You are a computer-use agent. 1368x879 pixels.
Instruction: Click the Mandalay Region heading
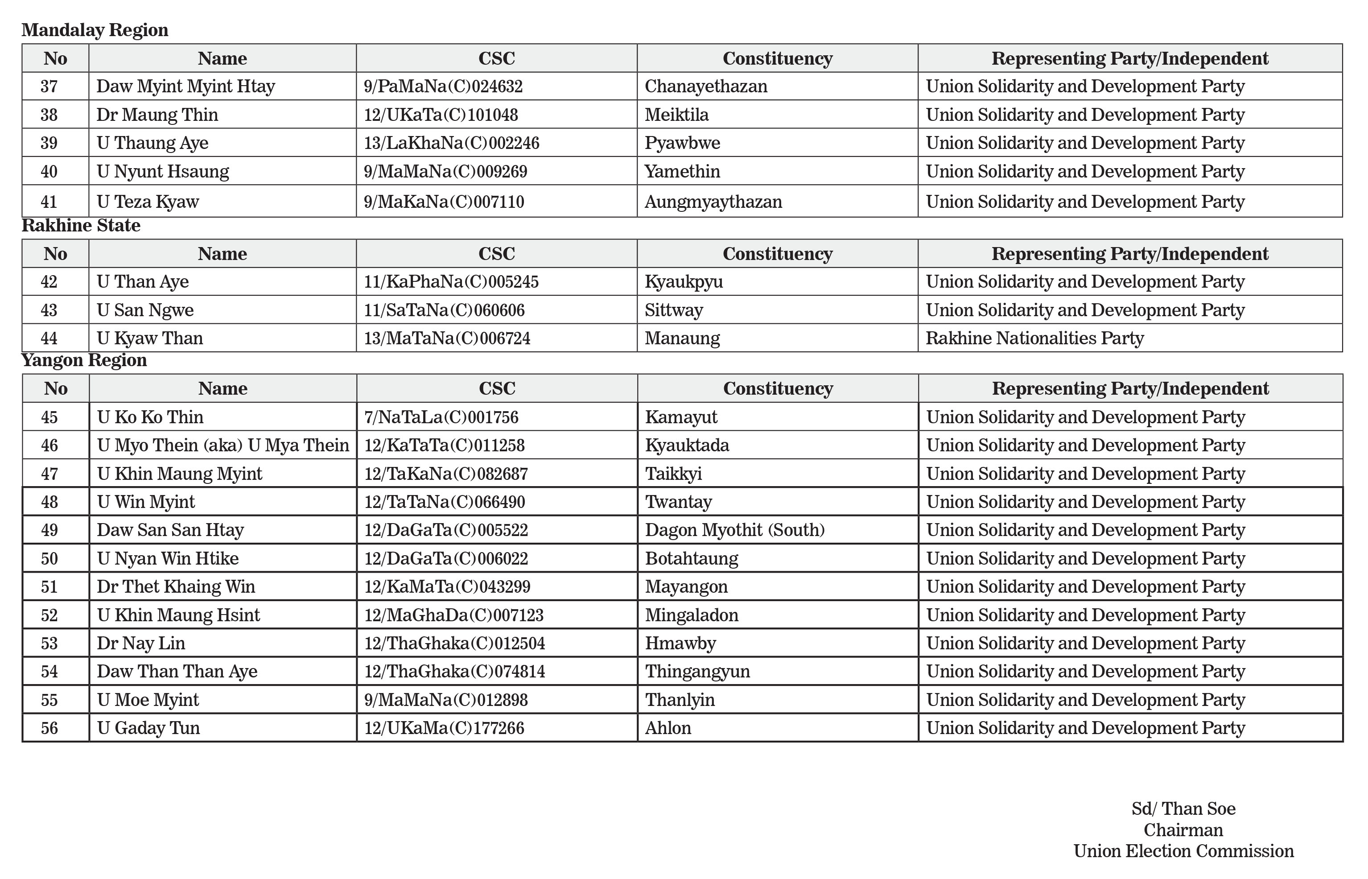[x=95, y=30]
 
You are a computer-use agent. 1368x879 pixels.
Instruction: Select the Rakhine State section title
[x=81, y=226]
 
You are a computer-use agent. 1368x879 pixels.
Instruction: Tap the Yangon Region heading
[x=84, y=360]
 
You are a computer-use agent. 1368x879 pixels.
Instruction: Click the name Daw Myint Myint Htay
[x=185, y=86]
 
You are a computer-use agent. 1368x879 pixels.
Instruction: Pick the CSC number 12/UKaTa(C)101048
[x=441, y=115]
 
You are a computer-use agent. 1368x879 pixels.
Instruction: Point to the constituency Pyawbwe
[x=682, y=143]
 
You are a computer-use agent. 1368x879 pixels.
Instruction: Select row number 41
[x=49, y=202]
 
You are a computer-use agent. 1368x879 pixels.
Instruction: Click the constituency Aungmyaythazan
[x=713, y=202]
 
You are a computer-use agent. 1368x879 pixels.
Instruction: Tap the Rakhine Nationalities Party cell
[x=1034, y=338]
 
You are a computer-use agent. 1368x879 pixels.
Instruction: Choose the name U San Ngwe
[x=145, y=310]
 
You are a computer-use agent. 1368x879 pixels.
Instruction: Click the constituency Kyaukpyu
[x=683, y=281]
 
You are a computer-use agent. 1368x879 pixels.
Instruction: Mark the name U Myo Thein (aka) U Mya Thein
[x=223, y=445]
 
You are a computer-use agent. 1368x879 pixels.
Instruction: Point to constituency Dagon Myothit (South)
[x=734, y=530]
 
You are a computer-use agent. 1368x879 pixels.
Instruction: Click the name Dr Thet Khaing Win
[x=176, y=586]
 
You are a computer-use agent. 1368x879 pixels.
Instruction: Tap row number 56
[x=49, y=728]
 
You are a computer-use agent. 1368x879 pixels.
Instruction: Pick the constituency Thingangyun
[x=697, y=671]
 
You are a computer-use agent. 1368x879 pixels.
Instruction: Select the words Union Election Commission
[x=1183, y=851]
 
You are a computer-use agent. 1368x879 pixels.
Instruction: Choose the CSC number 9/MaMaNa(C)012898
[x=446, y=700]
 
